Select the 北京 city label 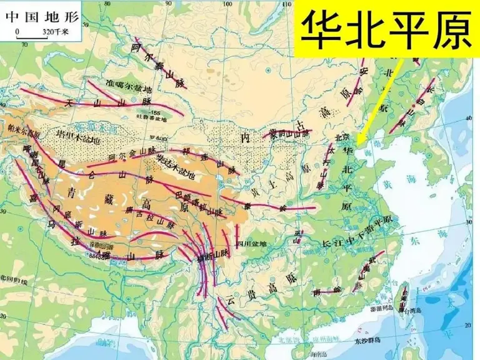(x=341, y=137)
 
